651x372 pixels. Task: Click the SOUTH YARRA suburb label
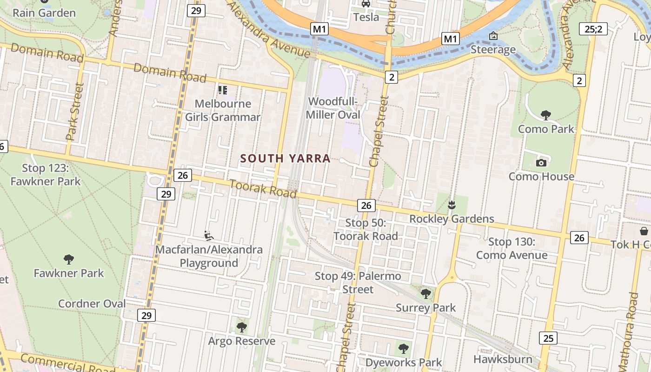pos(285,159)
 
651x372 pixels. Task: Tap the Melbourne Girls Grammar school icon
pos(223,90)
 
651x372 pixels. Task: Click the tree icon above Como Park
pos(546,115)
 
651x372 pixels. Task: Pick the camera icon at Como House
pos(541,163)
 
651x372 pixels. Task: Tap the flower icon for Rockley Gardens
pos(451,205)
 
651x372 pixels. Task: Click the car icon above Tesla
pos(366,4)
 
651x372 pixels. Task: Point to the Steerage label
pos(493,49)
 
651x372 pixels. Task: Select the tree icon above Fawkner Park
pos(69,259)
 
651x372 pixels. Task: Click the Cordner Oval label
pos(92,304)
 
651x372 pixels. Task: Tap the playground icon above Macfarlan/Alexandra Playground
pos(209,236)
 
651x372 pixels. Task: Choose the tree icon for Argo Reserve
pos(241,327)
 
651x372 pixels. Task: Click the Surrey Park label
pos(425,308)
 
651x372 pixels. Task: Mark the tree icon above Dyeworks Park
pos(404,348)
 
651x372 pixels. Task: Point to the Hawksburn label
pos(503,359)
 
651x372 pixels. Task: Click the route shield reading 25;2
pos(593,29)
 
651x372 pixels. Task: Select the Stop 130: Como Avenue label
pos(511,248)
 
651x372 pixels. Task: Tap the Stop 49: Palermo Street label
pos(358,282)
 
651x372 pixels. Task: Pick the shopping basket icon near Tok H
pos(644,231)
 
